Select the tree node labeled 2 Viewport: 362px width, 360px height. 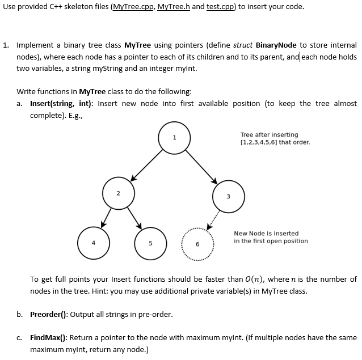coord(118,194)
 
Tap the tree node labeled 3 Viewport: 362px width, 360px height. coord(228,197)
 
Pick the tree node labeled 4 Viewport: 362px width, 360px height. coord(94,242)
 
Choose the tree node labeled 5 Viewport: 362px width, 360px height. coord(150,242)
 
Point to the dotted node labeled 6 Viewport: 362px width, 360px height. coord(197,243)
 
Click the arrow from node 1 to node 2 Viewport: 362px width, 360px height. coord(146,166)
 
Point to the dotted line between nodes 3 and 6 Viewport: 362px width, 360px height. coord(213,221)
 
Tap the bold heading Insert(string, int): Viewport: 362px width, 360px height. coord(62,103)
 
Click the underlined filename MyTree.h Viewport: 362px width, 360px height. coord(174,7)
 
